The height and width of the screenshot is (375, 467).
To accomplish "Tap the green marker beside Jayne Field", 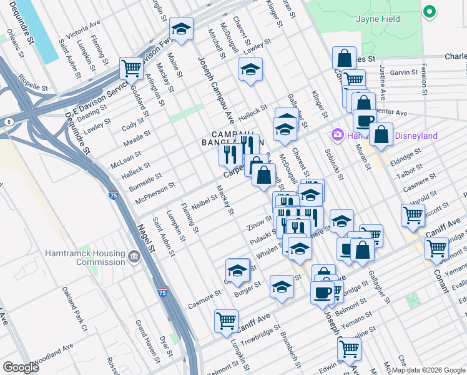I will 429,12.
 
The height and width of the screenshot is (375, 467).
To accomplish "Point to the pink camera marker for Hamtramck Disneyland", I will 338,135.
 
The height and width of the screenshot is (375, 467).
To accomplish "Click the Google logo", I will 21,367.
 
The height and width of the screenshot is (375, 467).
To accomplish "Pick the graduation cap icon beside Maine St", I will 181,29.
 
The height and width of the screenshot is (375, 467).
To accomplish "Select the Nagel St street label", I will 145,238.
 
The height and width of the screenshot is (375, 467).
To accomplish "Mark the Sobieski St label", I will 332,164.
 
